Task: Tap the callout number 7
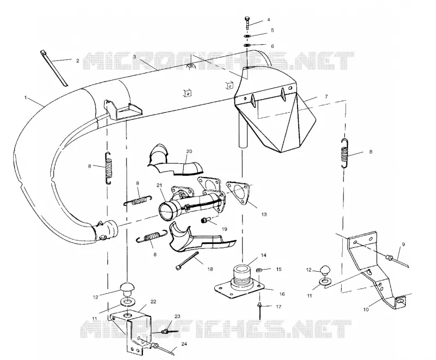click(326, 96)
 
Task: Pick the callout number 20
click(189, 151)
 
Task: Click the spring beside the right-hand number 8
click(345, 153)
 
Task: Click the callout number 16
click(282, 294)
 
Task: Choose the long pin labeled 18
click(187, 260)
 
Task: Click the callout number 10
click(366, 309)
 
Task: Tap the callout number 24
click(184, 344)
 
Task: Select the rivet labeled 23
click(167, 331)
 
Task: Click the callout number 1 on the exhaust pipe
click(26, 97)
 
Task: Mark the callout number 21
click(159, 185)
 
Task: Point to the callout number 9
click(403, 245)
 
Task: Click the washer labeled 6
click(247, 45)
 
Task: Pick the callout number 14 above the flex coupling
click(263, 255)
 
